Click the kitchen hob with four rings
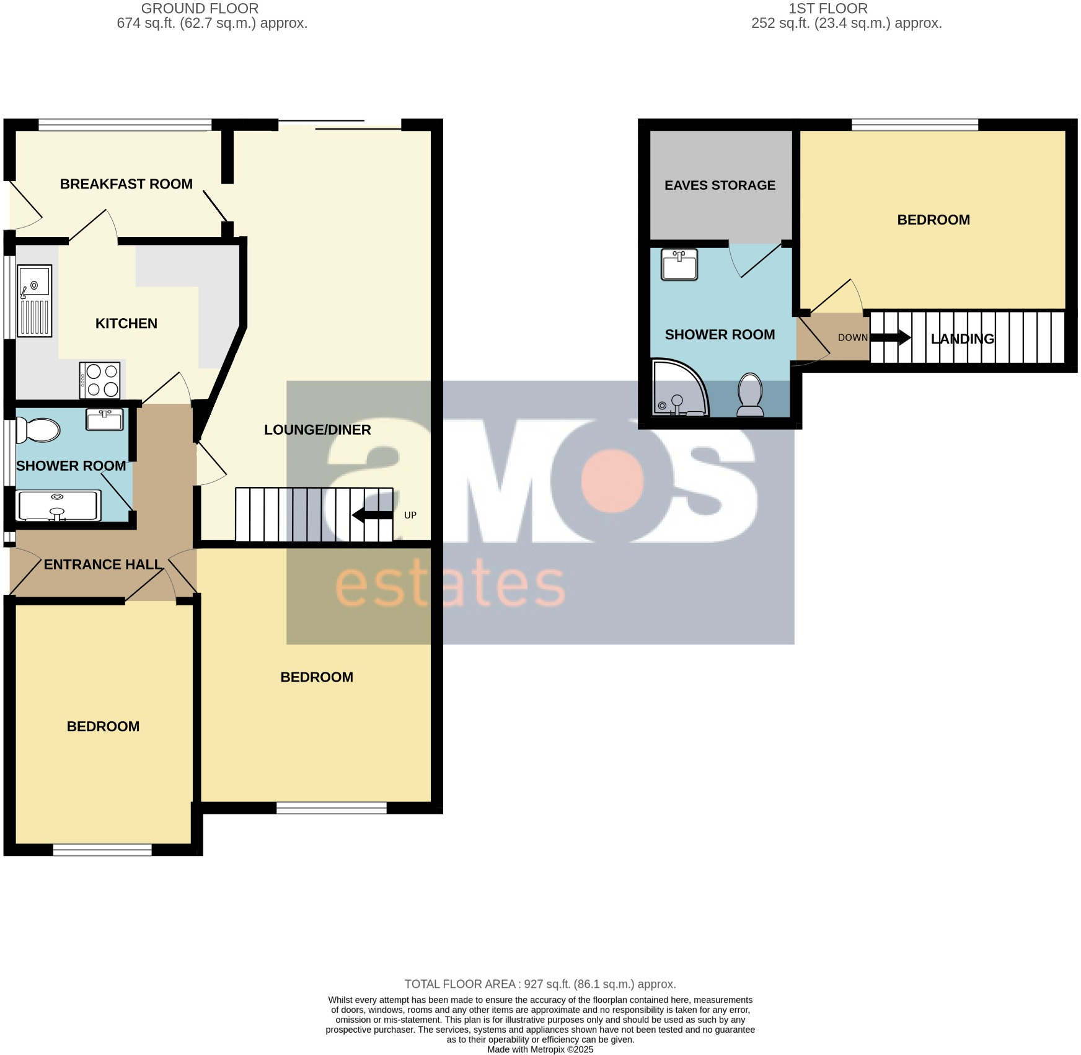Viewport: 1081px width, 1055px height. [100, 380]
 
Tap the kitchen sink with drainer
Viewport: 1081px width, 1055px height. [34, 301]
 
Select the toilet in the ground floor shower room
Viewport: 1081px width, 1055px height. [38, 430]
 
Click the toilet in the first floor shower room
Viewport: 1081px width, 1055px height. [751, 394]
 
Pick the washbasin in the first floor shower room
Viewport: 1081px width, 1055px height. [679, 265]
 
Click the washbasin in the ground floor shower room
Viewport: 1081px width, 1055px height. [105, 419]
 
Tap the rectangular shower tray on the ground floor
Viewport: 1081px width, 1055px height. [58, 505]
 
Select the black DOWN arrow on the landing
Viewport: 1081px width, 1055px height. [891, 338]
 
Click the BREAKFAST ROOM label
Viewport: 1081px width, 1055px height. [126, 184]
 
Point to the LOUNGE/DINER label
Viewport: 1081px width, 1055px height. [317, 430]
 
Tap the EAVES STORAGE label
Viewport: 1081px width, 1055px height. [720, 185]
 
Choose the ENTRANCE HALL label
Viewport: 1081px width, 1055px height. [102, 564]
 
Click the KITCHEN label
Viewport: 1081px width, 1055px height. [126, 324]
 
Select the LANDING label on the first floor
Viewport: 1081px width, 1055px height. [962, 339]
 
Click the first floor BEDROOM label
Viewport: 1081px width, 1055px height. [933, 220]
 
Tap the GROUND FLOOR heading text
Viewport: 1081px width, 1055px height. [200, 9]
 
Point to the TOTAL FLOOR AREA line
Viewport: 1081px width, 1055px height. [540, 984]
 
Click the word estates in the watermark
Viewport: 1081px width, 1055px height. [451, 584]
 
